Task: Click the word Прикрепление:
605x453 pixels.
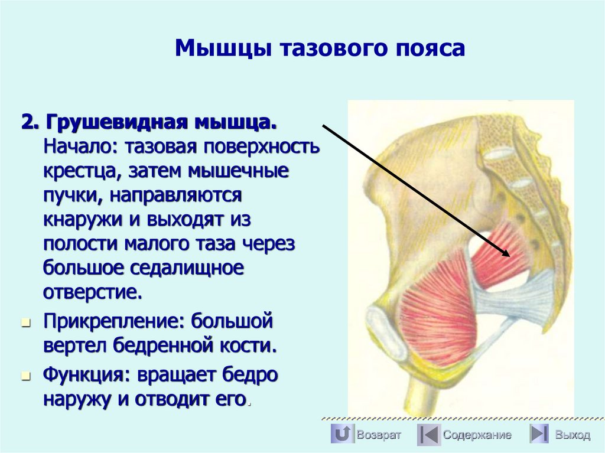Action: (x=106, y=322)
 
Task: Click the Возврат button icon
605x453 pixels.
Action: (x=342, y=435)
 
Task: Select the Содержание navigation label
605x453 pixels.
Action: (x=477, y=435)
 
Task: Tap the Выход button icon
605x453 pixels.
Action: (x=539, y=435)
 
